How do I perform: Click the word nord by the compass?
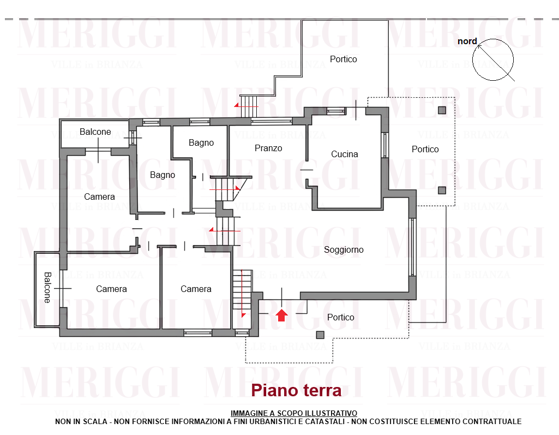click(467, 41)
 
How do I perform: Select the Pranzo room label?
click(268, 148)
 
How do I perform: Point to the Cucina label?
click(344, 154)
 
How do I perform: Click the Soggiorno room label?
click(344, 250)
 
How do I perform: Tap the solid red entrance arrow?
click(281, 315)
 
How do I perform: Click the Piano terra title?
click(296, 390)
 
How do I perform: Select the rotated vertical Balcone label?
click(47, 288)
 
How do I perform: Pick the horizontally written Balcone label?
click(95, 132)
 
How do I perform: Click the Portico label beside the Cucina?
click(425, 149)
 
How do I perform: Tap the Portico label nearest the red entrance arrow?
click(340, 317)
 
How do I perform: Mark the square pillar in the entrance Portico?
click(320, 335)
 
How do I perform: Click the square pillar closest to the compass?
click(442, 110)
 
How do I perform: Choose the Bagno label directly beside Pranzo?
click(201, 143)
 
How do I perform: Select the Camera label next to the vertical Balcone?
click(111, 289)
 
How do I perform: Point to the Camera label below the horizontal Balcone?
click(99, 196)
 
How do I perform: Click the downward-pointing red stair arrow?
click(243, 293)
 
